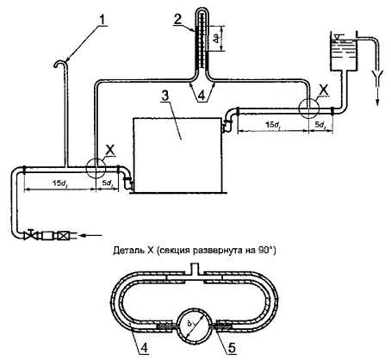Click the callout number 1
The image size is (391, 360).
coord(102,20)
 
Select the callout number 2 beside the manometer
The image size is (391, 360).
coord(177,19)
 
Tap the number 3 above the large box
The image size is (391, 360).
coord(164,96)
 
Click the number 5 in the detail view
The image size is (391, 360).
coord(232,348)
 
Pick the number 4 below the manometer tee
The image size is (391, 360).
coord(202,96)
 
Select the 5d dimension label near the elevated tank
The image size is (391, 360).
coord(320,125)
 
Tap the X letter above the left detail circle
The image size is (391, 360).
coord(109,150)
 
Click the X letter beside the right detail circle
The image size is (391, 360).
coord(324,90)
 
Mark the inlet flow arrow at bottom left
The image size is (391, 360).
coord(90,236)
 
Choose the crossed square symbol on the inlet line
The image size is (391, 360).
coord(61,236)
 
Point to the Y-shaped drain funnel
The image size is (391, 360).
coord(377,78)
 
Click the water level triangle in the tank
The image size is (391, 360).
coord(338,37)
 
